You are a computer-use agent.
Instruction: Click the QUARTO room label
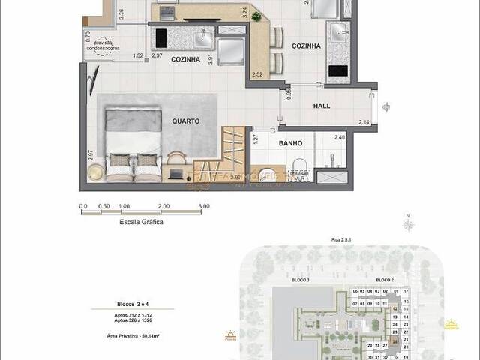[184, 119]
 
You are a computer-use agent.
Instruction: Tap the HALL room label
[321, 106]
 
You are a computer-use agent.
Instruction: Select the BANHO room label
[290, 142]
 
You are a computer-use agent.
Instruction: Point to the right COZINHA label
[306, 46]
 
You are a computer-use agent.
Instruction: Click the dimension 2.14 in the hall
[364, 122]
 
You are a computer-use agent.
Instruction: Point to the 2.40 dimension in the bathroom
[339, 137]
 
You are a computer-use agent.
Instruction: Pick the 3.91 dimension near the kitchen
[211, 59]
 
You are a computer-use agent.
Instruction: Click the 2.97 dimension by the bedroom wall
[90, 155]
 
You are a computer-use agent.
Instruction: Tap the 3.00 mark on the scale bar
[204, 206]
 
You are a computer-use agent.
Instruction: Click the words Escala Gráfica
[142, 222]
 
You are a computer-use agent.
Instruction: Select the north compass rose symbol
[409, 224]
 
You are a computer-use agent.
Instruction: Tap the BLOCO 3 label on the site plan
[301, 280]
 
